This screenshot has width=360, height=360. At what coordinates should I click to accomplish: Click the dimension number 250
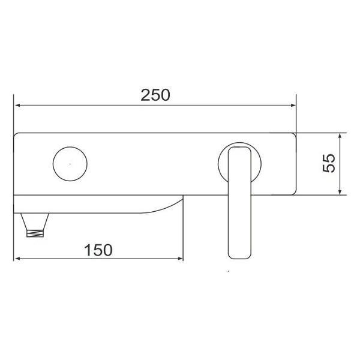point(155,95)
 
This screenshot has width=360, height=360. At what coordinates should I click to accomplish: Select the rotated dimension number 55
point(329,163)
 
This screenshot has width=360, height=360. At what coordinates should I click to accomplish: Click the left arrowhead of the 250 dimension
point(18,106)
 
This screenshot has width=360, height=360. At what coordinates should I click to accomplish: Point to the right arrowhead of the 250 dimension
point(293,106)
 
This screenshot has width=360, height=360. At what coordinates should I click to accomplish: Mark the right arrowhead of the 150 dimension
point(179,260)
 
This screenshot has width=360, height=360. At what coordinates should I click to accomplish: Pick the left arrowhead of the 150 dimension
point(18,260)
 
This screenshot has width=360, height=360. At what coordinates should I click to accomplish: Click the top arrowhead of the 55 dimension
point(340,136)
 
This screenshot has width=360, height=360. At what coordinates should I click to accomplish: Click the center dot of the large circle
point(70,163)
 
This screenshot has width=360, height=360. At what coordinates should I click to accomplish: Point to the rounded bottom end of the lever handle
point(239,254)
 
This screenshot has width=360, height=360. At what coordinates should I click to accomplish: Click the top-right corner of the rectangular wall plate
point(296,133)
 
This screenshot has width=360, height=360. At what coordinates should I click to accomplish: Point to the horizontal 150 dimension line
point(138,260)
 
